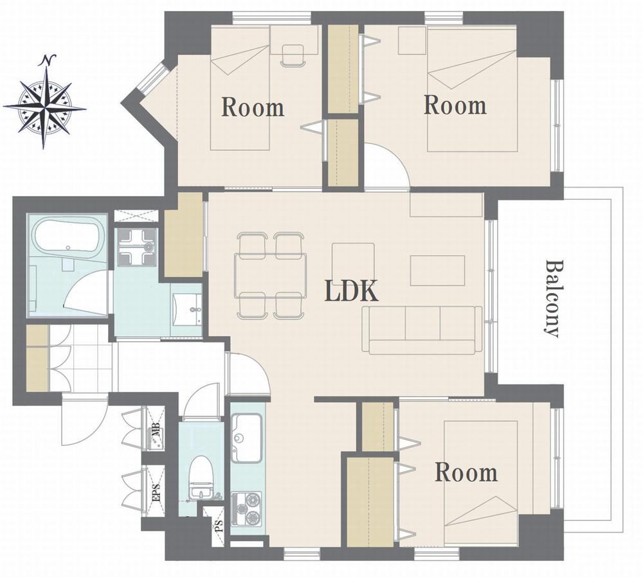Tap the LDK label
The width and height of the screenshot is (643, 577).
[352, 291]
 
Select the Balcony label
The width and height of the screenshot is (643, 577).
[552, 298]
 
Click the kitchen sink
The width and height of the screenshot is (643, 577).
[246, 438]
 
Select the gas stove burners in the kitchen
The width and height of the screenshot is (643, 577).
[246, 508]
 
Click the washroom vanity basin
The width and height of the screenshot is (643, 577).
[186, 308]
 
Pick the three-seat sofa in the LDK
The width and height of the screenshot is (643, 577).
[422, 330]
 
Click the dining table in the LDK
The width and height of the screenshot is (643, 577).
[271, 276]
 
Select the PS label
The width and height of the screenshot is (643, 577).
[219, 526]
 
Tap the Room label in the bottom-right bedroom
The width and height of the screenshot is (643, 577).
[466, 472]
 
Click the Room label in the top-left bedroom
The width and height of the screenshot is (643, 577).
[253, 107]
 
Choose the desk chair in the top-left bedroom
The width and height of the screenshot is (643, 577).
[293, 55]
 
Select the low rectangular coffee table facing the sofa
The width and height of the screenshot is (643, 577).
[437, 270]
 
